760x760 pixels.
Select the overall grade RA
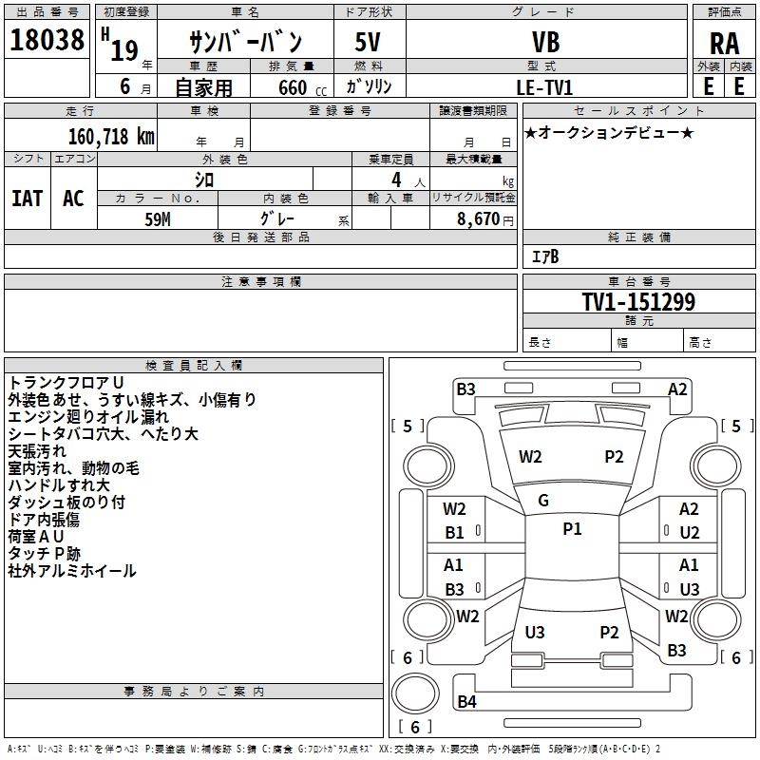point(724,43)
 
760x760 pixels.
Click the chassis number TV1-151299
point(638,303)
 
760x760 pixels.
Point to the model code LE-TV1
point(544,86)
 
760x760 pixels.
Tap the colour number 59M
point(158,218)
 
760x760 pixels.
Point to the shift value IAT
point(28,199)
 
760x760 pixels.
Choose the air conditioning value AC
point(73,199)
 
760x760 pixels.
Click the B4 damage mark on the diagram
point(466,702)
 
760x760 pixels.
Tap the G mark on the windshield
point(543,501)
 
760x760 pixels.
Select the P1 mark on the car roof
point(572,529)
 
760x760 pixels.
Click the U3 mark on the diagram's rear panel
point(535,632)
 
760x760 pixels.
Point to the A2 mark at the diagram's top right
point(677,389)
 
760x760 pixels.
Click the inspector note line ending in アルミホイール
point(72,571)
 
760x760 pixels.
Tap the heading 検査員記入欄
point(194,366)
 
